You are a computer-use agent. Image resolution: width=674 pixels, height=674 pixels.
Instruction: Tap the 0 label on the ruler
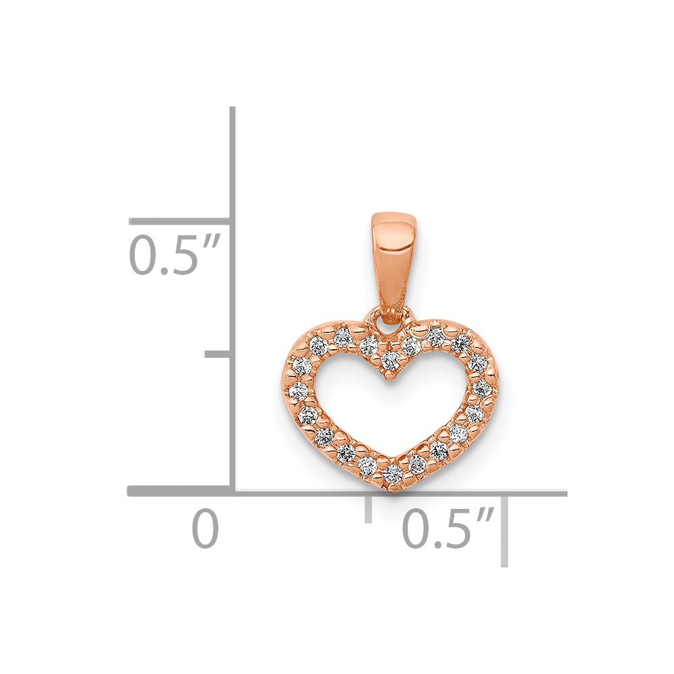206,528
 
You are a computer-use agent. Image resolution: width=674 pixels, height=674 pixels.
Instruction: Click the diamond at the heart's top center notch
390,357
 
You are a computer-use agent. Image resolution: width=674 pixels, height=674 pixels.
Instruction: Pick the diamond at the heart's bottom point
392,474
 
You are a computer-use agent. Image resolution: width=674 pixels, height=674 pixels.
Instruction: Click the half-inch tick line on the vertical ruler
181,221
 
